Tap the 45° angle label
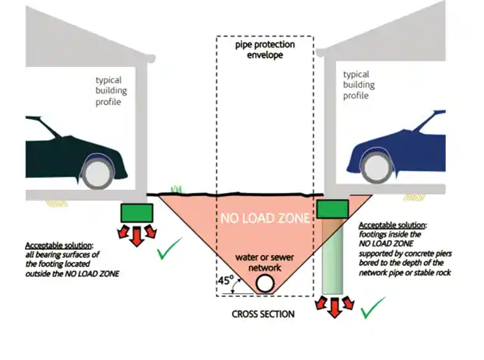pos(226,280)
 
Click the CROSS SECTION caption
pos(262,315)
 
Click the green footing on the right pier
pos(333,208)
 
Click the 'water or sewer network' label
pos(265,262)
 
